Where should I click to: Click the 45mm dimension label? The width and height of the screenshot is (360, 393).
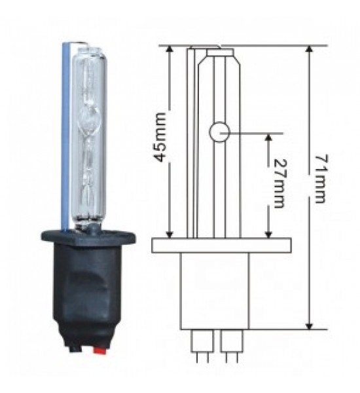click(160, 138)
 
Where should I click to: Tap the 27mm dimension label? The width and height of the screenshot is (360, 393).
click(279, 183)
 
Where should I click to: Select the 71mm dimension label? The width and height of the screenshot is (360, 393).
click(321, 179)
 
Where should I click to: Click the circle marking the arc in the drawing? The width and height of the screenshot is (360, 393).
click(219, 132)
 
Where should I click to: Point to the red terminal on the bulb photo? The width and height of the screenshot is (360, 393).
click(99, 350)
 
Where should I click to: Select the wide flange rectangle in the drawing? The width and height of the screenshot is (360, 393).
click(221, 246)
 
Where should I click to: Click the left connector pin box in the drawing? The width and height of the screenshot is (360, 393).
click(202, 341)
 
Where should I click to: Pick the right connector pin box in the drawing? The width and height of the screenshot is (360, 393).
click(232, 341)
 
